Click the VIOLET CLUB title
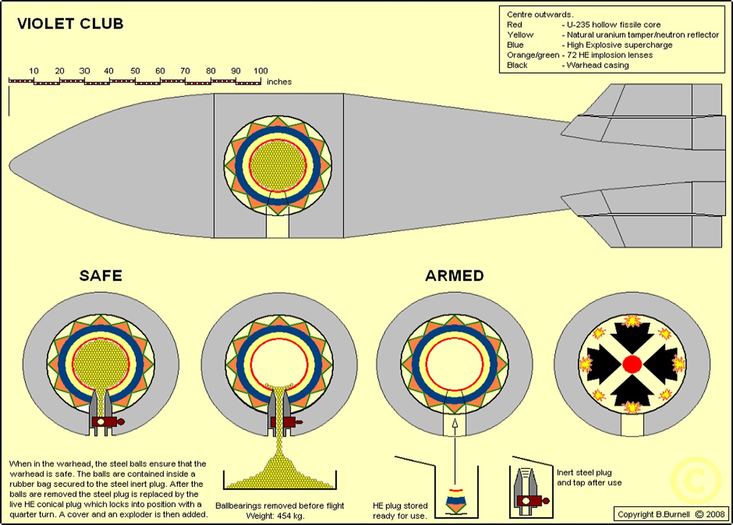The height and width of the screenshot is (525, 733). (x=70, y=24)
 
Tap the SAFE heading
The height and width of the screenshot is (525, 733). (x=101, y=276)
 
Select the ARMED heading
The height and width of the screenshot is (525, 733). (x=454, y=276)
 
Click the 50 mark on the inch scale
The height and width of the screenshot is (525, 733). (x=135, y=71)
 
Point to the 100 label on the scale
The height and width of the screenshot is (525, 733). (x=261, y=71)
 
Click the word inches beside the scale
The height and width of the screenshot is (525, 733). (x=279, y=82)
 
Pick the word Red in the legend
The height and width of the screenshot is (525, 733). (x=514, y=25)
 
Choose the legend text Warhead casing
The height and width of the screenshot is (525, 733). (x=597, y=65)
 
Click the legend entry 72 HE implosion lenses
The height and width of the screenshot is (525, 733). (x=610, y=55)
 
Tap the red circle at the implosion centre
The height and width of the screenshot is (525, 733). (x=632, y=365)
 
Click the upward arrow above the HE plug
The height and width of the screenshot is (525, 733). (x=455, y=424)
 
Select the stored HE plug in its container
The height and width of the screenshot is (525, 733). (x=455, y=500)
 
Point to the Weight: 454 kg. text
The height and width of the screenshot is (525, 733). (x=275, y=516)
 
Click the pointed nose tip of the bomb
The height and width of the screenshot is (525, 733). (x=11, y=166)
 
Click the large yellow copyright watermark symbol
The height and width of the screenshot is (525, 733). (x=695, y=481)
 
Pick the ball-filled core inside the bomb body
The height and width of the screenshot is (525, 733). (x=279, y=166)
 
